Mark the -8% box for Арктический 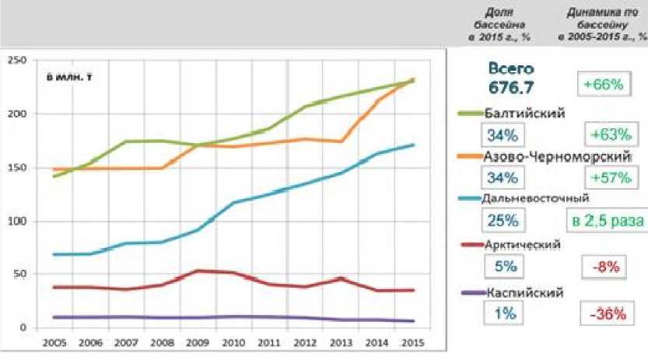pyautogui.click(x=604, y=267)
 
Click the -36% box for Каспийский pyautogui.click(x=604, y=313)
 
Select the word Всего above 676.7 pyautogui.click(x=511, y=69)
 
